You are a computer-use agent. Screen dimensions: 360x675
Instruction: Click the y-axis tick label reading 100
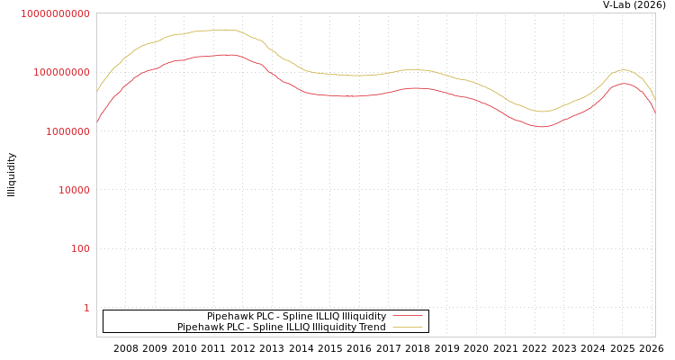(x=80, y=248)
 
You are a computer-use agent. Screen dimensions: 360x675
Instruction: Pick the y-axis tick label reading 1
(x=86, y=308)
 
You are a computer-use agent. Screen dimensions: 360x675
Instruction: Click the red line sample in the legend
(x=408, y=316)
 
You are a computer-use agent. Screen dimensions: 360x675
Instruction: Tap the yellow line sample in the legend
(x=408, y=327)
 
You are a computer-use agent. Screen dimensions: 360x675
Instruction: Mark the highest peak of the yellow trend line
(x=225, y=30)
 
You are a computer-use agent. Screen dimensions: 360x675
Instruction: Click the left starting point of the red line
(x=97, y=121)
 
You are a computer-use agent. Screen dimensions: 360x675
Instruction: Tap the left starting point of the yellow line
(x=97, y=91)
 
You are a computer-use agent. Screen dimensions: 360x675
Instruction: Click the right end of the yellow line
(x=654, y=97)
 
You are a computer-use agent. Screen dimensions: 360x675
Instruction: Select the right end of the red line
(x=654, y=112)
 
